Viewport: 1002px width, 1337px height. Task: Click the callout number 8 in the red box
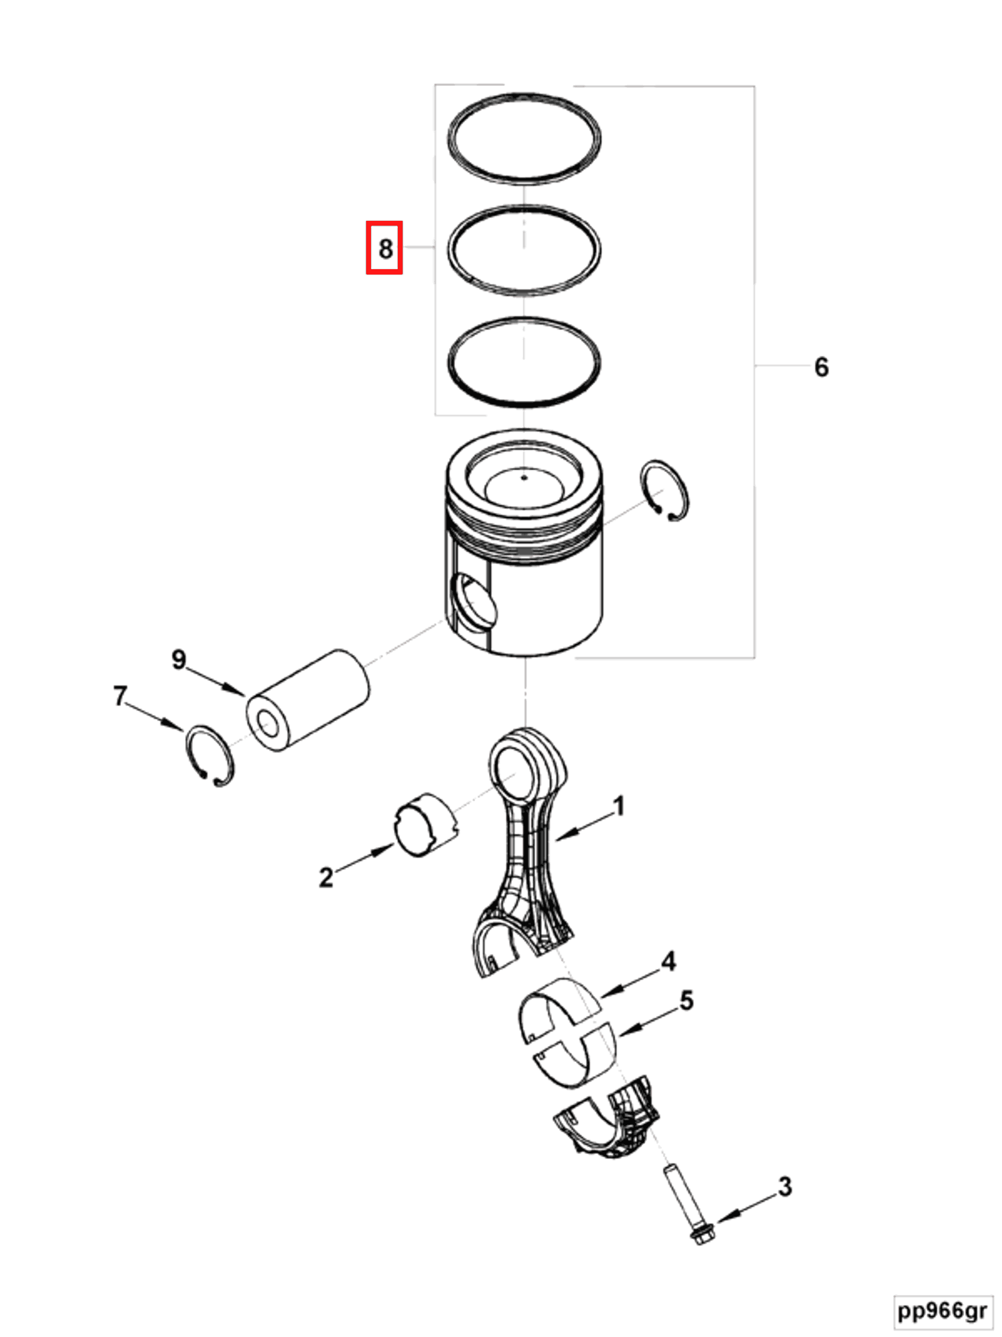385,248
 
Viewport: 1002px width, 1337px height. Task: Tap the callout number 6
821,367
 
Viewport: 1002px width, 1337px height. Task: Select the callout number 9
179,660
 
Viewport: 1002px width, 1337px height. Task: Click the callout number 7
120,696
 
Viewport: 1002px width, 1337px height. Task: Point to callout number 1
618,806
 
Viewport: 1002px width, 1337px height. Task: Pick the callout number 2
326,877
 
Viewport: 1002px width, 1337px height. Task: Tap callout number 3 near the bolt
784,1187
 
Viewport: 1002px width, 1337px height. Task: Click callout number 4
669,962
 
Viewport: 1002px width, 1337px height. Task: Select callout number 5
686,1001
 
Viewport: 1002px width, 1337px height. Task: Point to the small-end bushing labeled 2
426,824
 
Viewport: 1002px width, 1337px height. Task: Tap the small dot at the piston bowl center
524,478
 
